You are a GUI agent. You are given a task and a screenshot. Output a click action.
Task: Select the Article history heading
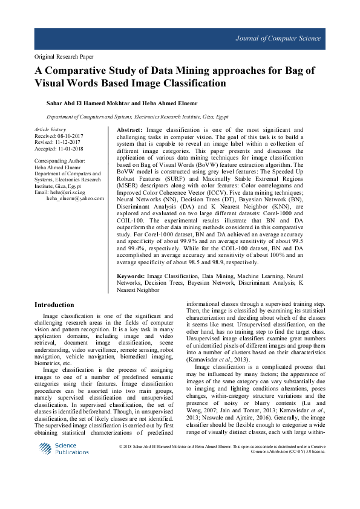(x=50, y=130)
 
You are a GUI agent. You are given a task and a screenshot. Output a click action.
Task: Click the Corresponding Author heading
(x=60, y=161)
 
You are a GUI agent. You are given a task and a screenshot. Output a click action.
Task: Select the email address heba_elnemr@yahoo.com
(x=75, y=198)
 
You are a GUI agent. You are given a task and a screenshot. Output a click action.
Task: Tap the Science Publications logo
(x=64, y=448)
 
